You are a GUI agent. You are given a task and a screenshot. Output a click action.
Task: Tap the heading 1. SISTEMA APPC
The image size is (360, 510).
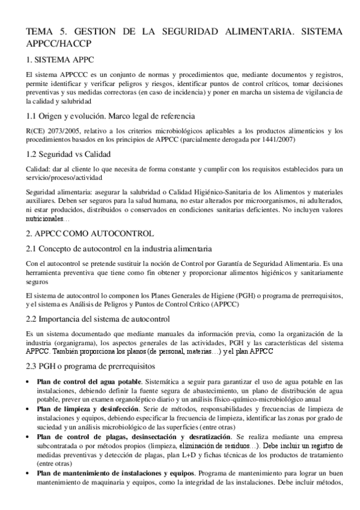click(59, 60)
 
